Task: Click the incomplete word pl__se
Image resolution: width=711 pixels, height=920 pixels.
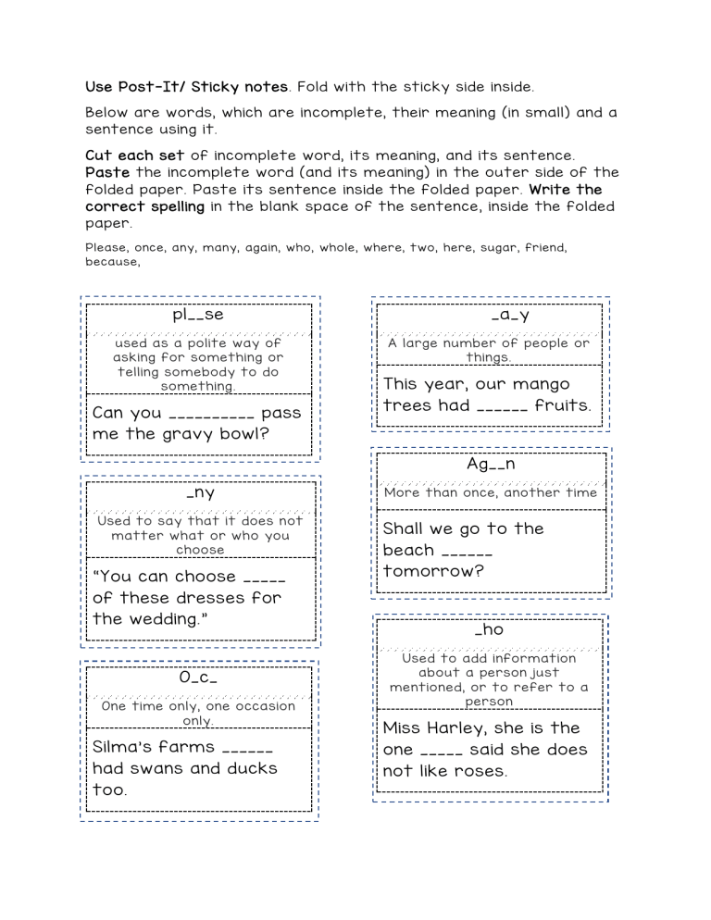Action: pos(198,315)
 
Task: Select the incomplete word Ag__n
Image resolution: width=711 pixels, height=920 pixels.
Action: pos(491,465)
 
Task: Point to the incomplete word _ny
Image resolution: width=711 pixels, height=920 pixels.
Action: pos(200,493)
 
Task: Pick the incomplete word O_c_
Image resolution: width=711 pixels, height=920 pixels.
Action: pos(198,678)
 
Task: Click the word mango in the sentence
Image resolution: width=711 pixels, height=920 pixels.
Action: pos(539,384)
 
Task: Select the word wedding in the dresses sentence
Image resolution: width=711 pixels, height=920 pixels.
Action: pos(164,618)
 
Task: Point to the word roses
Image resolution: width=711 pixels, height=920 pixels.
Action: pos(479,771)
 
